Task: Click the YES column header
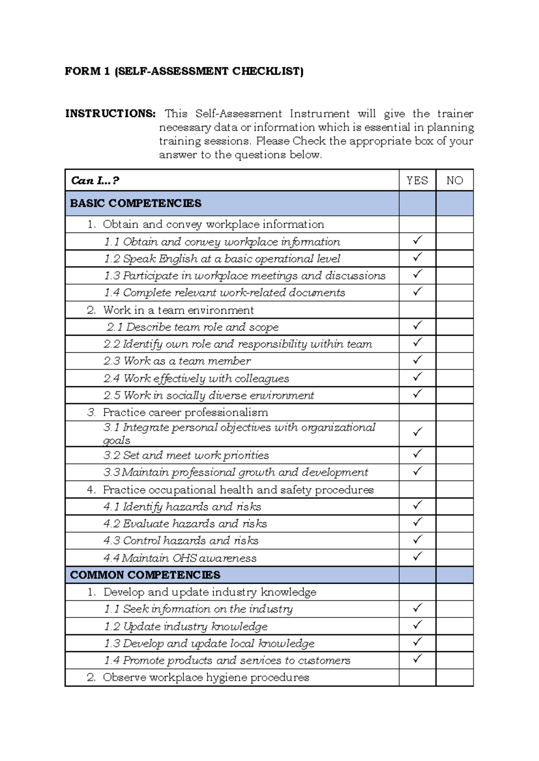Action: (x=417, y=180)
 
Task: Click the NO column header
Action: (x=455, y=180)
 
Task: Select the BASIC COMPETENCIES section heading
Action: (x=136, y=203)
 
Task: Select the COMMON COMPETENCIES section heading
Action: (x=145, y=575)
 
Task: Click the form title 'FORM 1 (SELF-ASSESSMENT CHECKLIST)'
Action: (x=184, y=71)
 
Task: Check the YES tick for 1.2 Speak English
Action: (x=418, y=257)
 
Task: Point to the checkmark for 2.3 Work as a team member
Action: (x=418, y=359)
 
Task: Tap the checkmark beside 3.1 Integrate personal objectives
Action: (x=418, y=432)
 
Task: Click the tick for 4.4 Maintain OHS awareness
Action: (x=418, y=556)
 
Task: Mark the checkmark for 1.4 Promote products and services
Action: (x=418, y=659)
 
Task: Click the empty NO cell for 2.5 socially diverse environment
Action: (x=455, y=395)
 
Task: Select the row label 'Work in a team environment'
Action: (x=178, y=310)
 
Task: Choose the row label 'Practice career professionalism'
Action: (x=185, y=412)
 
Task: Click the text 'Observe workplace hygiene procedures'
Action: (x=206, y=678)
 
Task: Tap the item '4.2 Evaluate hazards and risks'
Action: (x=185, y=524)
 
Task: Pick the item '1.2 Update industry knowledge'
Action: (x=186, y=626)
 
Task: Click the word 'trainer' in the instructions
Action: (x=455, y=114)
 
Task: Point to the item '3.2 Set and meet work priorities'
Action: (x=186, y=455)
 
